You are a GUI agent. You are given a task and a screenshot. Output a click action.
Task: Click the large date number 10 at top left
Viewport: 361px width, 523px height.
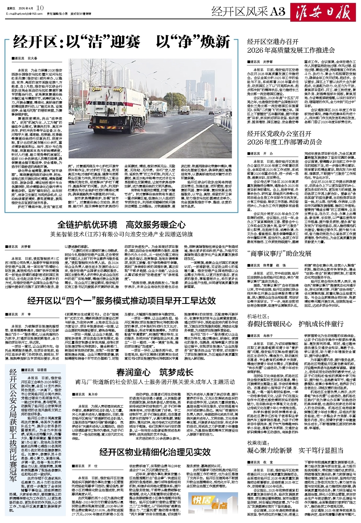coord(40,8)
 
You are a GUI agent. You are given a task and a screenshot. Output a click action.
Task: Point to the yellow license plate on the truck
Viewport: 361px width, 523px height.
coord(103,121)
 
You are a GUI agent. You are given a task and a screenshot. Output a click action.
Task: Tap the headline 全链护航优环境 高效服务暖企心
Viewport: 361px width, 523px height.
coord(122,225)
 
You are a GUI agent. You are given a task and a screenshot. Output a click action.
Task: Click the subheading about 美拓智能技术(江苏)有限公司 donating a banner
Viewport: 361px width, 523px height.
coord(122,234)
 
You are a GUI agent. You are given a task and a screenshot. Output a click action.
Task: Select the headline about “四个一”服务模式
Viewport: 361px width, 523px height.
coord(122,301)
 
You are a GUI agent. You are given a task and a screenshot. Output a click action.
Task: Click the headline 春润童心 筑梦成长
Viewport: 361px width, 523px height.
coord(155,372)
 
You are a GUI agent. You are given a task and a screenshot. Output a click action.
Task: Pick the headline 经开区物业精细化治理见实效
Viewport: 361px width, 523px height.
coord(155,452)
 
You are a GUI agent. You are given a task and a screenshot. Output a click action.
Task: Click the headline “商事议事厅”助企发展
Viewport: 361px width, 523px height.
coord(279,253)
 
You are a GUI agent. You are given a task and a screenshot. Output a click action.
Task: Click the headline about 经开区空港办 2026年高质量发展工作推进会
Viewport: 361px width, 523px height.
coord(291,46)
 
